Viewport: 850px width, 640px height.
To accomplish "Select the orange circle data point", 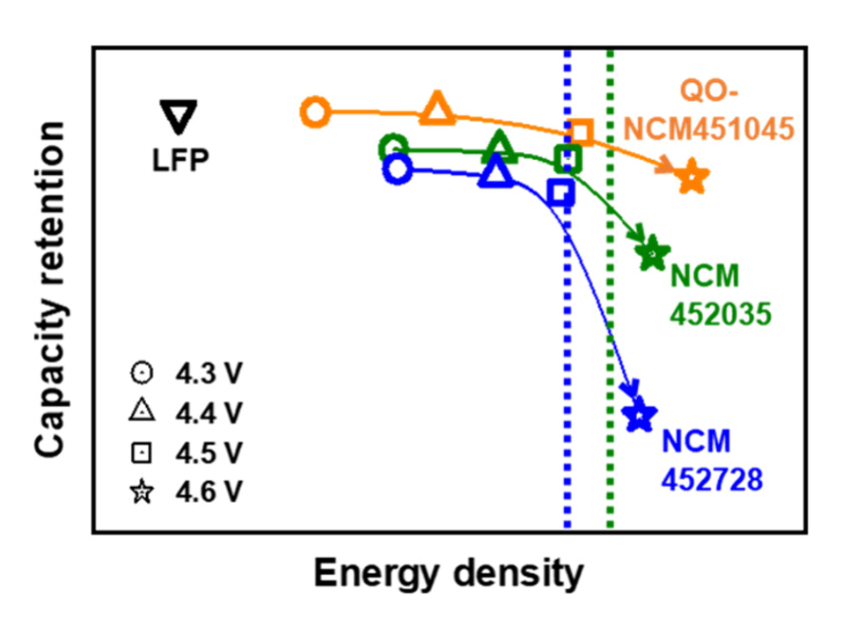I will click(x=315, y=113).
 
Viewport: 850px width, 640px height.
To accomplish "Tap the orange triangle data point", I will click(x=437, y=109).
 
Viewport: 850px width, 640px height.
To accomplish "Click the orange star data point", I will click(x=692, y=178).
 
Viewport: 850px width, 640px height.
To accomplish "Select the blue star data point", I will click(x=639, y=414).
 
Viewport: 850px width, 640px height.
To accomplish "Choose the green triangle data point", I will click(x=500, y=147).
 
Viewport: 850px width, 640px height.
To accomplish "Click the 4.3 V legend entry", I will click(x=186, y=374).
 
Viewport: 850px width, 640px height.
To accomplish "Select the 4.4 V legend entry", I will click(x=186, y=413).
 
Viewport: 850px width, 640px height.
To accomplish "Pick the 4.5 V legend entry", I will click(x=186, y=454).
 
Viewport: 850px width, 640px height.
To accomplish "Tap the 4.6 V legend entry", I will click(x=186, y=493).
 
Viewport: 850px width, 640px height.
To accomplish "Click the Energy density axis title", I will click(x=448, y=574).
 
